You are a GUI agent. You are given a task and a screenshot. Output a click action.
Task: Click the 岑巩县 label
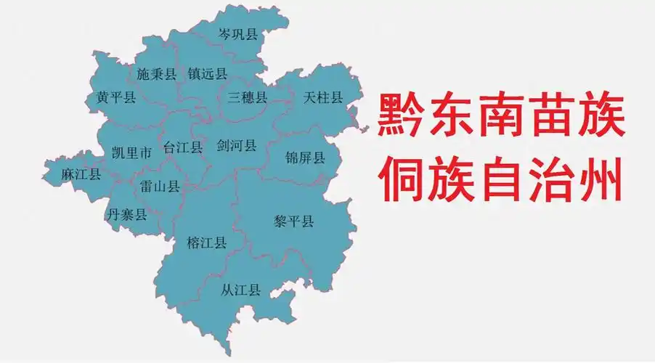coord(238,34)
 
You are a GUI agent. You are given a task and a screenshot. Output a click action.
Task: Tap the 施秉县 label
coord(157,74)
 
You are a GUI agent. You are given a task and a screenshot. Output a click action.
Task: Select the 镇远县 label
coord(208,74)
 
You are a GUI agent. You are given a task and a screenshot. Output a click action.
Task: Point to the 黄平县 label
coord(116,98)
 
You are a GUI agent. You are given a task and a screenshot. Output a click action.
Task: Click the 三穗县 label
coord(247,97)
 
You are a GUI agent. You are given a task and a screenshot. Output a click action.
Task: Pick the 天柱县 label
coord(322,97)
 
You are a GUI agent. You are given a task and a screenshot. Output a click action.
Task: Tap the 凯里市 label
coord(132,152)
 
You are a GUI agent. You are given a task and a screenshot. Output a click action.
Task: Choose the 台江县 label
coord(183,147)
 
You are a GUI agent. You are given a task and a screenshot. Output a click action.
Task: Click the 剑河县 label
coord(237,146)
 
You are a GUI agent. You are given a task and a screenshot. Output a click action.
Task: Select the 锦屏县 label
coord(305,158)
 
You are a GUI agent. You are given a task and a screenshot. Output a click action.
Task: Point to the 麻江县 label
coord(81,174)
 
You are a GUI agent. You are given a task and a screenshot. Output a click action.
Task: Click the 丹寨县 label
coord(127,214)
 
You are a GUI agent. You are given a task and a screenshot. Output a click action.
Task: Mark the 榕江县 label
coord(206,242)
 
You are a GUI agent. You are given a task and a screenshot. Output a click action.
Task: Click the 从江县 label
coord(241,291)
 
